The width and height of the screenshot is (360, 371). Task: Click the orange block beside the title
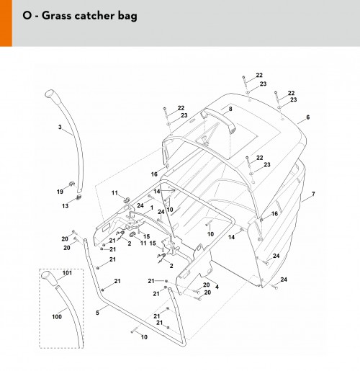[x=6, y=23]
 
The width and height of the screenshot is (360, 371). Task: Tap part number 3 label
[x=60, y=127]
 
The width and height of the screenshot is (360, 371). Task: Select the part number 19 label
[x=60, y=192]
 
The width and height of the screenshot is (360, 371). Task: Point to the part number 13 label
[x=65, y=206]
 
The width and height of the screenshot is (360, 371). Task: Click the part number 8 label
[x=230, y=109]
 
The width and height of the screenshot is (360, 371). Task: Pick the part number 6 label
[x=308, y=117]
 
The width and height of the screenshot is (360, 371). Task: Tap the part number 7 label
[x=313, y=194]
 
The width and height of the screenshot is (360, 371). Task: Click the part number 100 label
[x=57, y=316]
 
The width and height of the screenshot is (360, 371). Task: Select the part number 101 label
[x=67, y=273]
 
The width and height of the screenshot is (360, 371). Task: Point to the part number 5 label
[x=97, y=313]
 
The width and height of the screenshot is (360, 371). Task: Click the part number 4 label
[x=217, y=287]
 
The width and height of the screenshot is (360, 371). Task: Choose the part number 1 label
[x=152, y=207]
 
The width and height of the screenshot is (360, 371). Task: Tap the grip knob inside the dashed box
[x=49, y=278]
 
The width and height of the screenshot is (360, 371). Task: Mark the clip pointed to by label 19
[x=72, y=184]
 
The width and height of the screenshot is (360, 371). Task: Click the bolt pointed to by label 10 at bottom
[x=135, y=331]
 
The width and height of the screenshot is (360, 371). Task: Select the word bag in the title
[x=127, y=17]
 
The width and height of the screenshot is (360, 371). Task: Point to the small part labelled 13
[x=78, y=197]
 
